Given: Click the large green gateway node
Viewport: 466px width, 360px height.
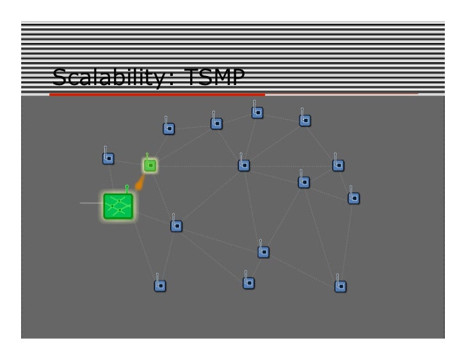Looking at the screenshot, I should click(x=118, y=206).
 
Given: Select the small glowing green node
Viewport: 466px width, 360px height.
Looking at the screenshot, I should click(x=150, y=166).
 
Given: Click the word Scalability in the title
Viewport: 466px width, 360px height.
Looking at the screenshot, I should click(x=105, y=78).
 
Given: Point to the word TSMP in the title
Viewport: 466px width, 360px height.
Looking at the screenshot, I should click(x=213, y=78).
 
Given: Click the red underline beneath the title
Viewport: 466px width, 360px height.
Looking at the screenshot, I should click(x=157, y=94).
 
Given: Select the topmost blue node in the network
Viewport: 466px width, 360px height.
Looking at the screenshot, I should click(x=257, y=113).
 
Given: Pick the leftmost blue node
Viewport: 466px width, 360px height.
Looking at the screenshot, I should click(x=109, y=158).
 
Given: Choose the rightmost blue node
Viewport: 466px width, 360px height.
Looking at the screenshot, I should click(x=354, y=198).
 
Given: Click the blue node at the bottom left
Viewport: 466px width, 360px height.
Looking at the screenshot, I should click(x=160, y=285).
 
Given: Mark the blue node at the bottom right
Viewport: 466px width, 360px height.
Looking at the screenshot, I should click(x=341, y=286).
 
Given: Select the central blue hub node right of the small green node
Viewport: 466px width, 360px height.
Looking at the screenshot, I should click(x=244, y=165).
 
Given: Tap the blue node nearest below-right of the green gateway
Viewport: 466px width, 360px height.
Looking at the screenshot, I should click(x=177, y=226).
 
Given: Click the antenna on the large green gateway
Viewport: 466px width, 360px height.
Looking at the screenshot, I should click(x=127, y=188).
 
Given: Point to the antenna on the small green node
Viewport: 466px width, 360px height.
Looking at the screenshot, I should click(x=147, y=156).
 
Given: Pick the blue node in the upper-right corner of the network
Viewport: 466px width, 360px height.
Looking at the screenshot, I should click(x=305, y=120).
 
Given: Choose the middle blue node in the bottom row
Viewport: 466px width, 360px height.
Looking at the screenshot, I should click(x=249, y=282).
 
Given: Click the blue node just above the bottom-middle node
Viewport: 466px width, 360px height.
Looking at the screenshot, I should click(x=264, y=252).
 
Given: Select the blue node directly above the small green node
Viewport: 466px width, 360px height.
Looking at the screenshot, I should click(x=168, y=129).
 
